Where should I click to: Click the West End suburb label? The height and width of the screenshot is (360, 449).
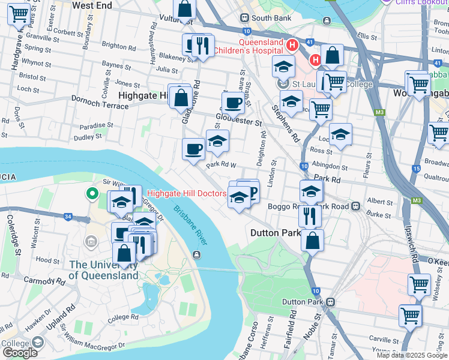pyautogui.click(x=92, y=5)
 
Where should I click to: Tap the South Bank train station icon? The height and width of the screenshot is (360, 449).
pyautogui.click(x=244, y=18)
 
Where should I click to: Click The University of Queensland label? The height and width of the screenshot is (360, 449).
pyautogui.click(x=103, y=270)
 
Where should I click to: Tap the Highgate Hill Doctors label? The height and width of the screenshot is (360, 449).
pyautogui.click(x=187, y=193)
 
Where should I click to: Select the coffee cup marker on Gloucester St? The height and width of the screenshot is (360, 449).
pyautogui.click(x=233, y=103)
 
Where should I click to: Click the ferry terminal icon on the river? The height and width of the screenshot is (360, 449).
pyautogui.click(x=196, y=255)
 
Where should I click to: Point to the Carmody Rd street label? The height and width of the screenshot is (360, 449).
pyautogui.click(x=43, y=280)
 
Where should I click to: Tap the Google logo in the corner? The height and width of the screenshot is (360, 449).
pyautogui.click(x=20, y=353)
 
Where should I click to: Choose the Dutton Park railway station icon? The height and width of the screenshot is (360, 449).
pyautogui.click(x=330, y=302)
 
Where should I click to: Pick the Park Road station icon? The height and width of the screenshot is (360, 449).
pyautogui.click(x=356, y=206)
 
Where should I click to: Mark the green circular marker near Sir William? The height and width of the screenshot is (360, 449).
pyautogui.click(x=91, y=194)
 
